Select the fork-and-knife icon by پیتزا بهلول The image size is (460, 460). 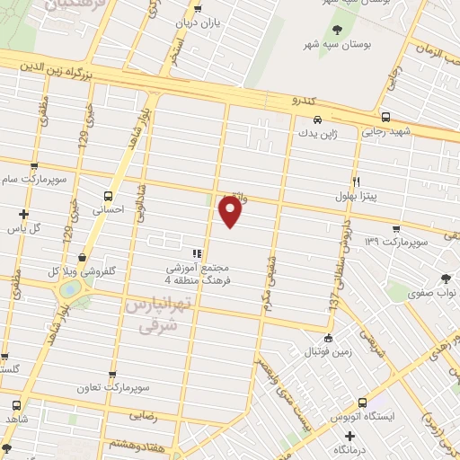click(357, 181)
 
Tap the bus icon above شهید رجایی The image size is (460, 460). click(385, 117)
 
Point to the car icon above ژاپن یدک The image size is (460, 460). click(316, 119)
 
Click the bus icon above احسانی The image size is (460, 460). click(109, 196)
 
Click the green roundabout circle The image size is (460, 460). click(69, 289)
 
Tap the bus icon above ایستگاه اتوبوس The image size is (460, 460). click(362, 402)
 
